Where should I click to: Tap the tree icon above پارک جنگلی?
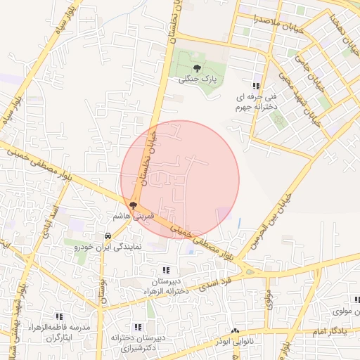click(x=196, y=69)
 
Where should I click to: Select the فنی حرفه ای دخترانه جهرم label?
click(x=254, y=101)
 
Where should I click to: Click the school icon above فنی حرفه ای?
click(x=265, y=84)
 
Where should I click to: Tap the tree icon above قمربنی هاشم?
click(x=133, y=205)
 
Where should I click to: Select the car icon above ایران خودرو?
click(x=108, y=236)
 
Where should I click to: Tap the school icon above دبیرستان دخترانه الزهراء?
click(x=166, y=270)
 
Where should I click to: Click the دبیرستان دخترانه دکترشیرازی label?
click(x=137, y=342)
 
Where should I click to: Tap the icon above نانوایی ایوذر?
click(x=235, y=330)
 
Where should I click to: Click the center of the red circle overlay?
click(x=180, y=180)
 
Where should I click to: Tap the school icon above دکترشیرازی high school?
click(x=138, y=327)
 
